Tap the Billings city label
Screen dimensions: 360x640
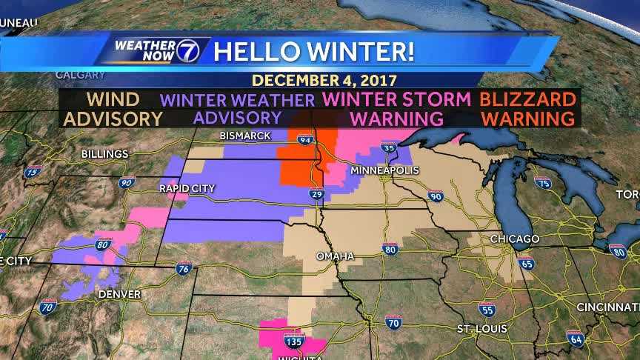(x=104, y=153)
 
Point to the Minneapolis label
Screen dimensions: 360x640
(x=385, y=170)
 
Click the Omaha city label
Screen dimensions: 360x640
(x=335, y=256)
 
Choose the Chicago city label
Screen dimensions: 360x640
(x=514, y=239)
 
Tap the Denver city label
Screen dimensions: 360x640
(x=119, y=294)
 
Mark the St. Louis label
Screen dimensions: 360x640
(x=481, y=327)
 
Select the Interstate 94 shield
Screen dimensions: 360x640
(x=305, y=139)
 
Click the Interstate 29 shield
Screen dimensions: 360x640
(x=316, y=194)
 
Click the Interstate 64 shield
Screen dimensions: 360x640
(x=575, y=338)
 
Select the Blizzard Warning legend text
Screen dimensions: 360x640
(x=527, y=108)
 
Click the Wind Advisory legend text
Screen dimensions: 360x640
(x=113, y=108)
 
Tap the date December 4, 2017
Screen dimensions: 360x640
(x=324, y=79)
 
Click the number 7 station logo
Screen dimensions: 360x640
(x=187, y=50)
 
